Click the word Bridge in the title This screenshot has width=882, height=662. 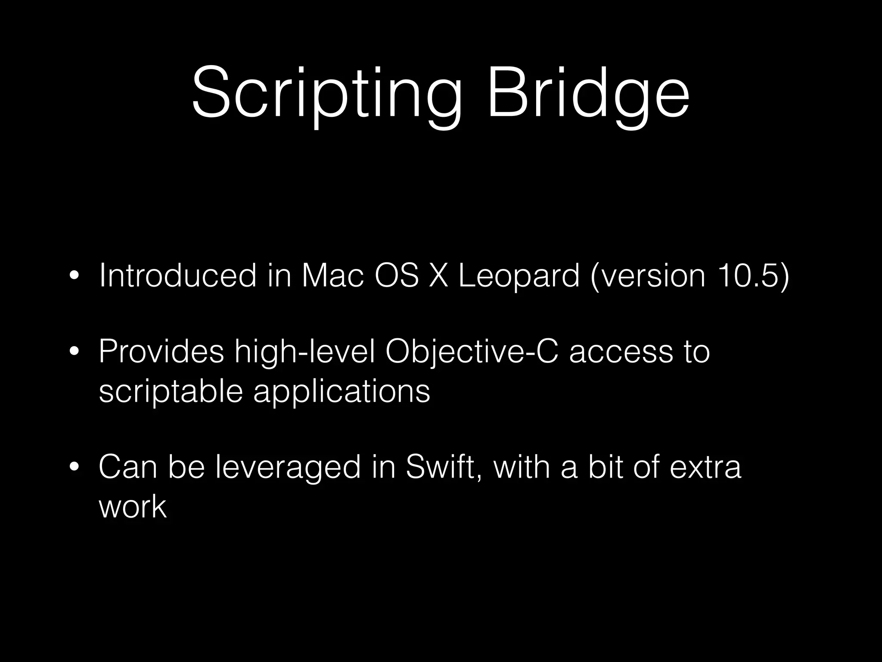pos(588,93)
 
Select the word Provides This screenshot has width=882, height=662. pos(161,352)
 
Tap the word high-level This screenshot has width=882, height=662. pos(305,352)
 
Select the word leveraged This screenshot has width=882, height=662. pos(287,468)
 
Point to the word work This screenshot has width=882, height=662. pos(132,506)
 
